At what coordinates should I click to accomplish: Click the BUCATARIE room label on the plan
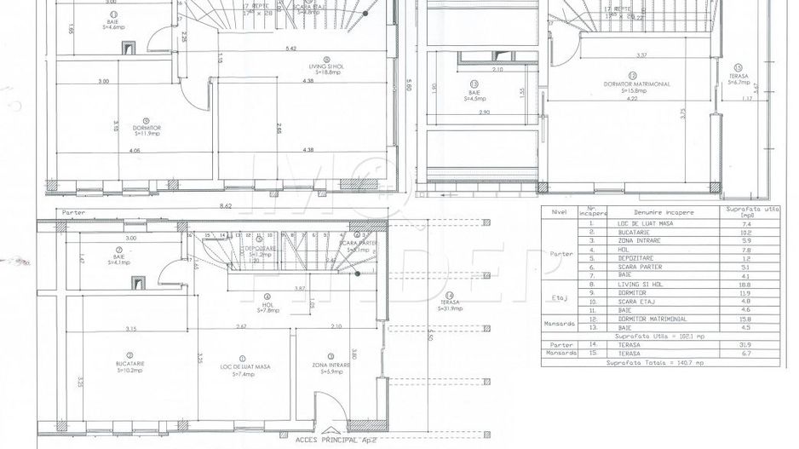pyautogui.click(x=130, y=366)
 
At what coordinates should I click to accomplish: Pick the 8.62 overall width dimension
pyautogui.click(x=225, y=205)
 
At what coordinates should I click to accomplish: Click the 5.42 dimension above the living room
pyautogui.click(x=291, y=49)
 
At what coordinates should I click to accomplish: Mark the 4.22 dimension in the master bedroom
pyautogui.click(x=632, y=99)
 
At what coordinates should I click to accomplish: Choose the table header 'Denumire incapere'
pyautogui.click(x=664, y=212)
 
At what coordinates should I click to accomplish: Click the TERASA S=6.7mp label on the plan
pyautogui.click(x=738, y=80)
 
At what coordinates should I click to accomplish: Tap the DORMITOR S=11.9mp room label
pyautogui.click(x=147, y=130)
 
